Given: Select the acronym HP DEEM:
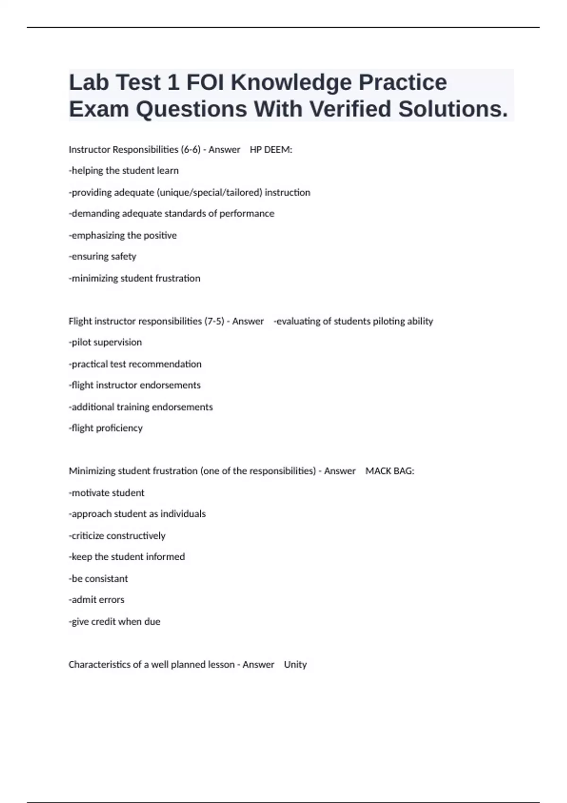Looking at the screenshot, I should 271,150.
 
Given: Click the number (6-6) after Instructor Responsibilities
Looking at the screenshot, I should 190,150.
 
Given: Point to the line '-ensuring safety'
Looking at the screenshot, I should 103,256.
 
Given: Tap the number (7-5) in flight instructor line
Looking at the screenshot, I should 214,321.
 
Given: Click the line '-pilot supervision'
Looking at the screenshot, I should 105,342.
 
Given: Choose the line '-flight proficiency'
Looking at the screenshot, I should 106,428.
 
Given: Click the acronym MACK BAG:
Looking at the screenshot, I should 390,471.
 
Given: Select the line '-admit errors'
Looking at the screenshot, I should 97,600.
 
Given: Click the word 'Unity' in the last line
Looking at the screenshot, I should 295,665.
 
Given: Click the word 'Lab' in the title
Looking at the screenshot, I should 88,83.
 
